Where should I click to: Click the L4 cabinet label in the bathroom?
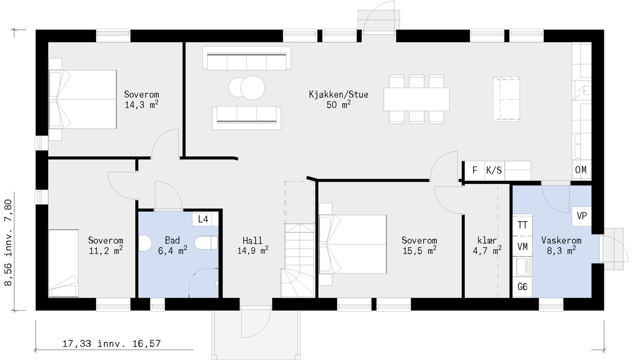(x=203, y=219)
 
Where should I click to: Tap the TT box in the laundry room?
(x=522, y=225)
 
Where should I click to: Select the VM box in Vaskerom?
(x=522, y=247)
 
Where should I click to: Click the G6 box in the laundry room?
(x=522, y=287)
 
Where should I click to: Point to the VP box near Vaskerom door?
(x=582, y=216)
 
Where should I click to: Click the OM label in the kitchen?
(x=581, y=170)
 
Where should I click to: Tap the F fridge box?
(x=475, y=170)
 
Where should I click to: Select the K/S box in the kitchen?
(x=494, y=170)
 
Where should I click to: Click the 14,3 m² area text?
(x=141, y=105)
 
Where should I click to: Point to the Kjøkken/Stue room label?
(x=338, y=94)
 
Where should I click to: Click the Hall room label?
(x=252, y=240)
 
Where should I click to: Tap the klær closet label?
(x=487, y=240)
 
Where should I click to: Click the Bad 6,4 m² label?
(x=172, y=245)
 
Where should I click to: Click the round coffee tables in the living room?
(x=247, y=87)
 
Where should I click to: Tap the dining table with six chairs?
(x=416, y=99)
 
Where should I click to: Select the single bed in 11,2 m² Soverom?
(x=63, y=263)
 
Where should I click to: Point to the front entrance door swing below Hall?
(x=256, y=324)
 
